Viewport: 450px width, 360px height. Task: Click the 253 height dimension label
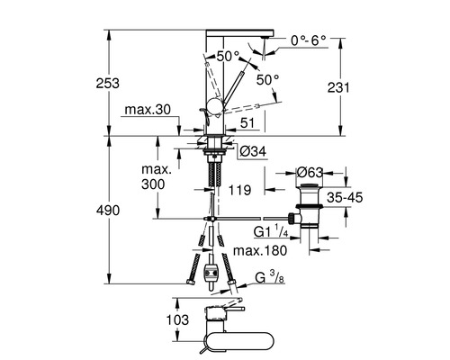point(107,83)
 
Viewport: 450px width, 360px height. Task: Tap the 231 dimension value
point(338,87)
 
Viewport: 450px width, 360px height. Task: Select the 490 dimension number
point(108,211)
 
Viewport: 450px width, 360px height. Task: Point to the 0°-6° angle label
point(309,40)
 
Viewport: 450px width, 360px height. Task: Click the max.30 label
point(148,110)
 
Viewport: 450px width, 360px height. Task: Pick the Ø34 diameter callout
point(253,151)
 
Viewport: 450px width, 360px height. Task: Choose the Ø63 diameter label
point(310,173)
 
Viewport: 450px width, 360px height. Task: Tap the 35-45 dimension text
point(345,198)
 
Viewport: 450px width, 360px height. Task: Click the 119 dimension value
point(239,190)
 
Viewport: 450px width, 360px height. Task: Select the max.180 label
point(260,250)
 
